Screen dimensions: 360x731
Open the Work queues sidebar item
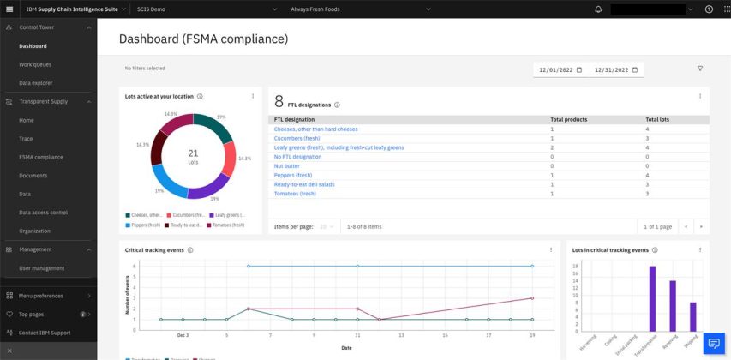(x=35, y=64)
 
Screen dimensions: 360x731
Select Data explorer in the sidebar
(x=36, y=83)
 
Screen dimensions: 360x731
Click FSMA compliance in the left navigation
(x=41, y=157)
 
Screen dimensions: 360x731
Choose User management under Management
(x=41, y=268)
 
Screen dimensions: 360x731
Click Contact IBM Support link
(x=45, y=333)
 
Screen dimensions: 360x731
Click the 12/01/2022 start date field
(x=559, y=69)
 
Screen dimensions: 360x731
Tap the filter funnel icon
(x=700, y=69)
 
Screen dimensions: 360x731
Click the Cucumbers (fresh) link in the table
(x=297, y=138)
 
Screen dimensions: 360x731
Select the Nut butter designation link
(x=290, y=166)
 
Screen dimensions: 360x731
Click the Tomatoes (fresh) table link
(x=295, y=194)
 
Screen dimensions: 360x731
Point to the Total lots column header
(x=657, y=119)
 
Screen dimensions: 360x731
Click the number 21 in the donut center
(x=193, y=153)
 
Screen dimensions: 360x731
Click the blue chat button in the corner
(x=714, y=344)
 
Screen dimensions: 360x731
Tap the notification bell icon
(x=598, y=9)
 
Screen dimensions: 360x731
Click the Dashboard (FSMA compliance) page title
(x=203, y=39)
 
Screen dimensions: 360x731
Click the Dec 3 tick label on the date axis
(x=183, y=335)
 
